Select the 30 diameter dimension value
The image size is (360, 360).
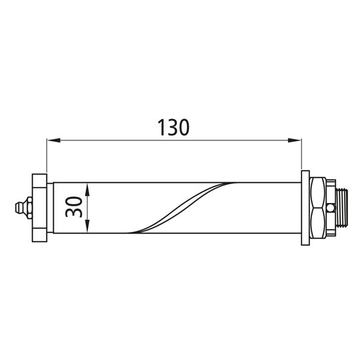(75, 206)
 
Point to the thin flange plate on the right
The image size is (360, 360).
(305, 207)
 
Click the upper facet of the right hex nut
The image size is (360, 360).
(319, 193)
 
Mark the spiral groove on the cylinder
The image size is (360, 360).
(180, 206)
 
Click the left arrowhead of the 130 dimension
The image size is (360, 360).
(51, 140)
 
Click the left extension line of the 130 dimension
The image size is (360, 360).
(47, 156)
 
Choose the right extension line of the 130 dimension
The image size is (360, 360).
(301, 156)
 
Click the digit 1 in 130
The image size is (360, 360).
(161, 126)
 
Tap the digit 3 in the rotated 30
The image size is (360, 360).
(75, 213)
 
